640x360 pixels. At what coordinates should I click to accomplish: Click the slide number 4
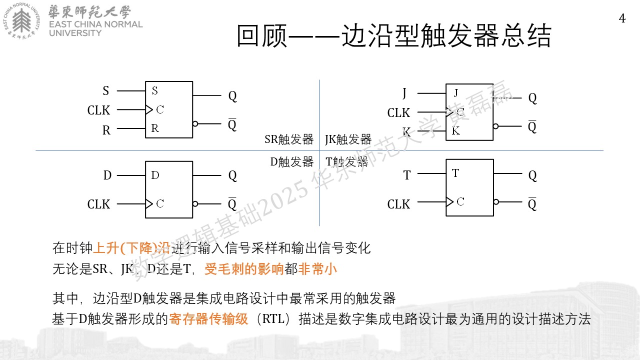622,18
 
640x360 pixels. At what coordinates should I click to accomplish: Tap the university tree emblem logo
21,20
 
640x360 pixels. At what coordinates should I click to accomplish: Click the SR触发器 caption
289,139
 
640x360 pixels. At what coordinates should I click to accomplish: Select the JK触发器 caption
348,139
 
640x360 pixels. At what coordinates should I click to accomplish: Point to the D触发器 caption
291,162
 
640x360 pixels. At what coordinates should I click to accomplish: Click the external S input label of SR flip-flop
105,91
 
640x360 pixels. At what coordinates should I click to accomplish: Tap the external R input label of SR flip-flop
106,130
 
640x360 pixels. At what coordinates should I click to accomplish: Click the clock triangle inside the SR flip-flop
149,109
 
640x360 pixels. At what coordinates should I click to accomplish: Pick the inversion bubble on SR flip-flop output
195,123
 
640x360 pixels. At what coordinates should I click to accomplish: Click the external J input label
404,93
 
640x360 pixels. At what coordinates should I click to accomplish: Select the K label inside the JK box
455,131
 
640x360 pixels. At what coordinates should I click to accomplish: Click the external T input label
407,175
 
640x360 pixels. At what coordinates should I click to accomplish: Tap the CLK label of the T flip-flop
398,204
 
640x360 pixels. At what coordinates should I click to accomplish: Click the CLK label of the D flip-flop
98,204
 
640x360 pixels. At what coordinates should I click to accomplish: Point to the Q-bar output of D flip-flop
232,204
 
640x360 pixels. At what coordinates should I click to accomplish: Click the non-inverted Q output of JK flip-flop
532,98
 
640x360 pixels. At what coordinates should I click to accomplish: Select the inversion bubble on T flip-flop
496,201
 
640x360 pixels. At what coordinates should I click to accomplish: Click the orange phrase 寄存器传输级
208,319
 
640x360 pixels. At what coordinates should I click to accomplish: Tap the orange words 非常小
317,269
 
